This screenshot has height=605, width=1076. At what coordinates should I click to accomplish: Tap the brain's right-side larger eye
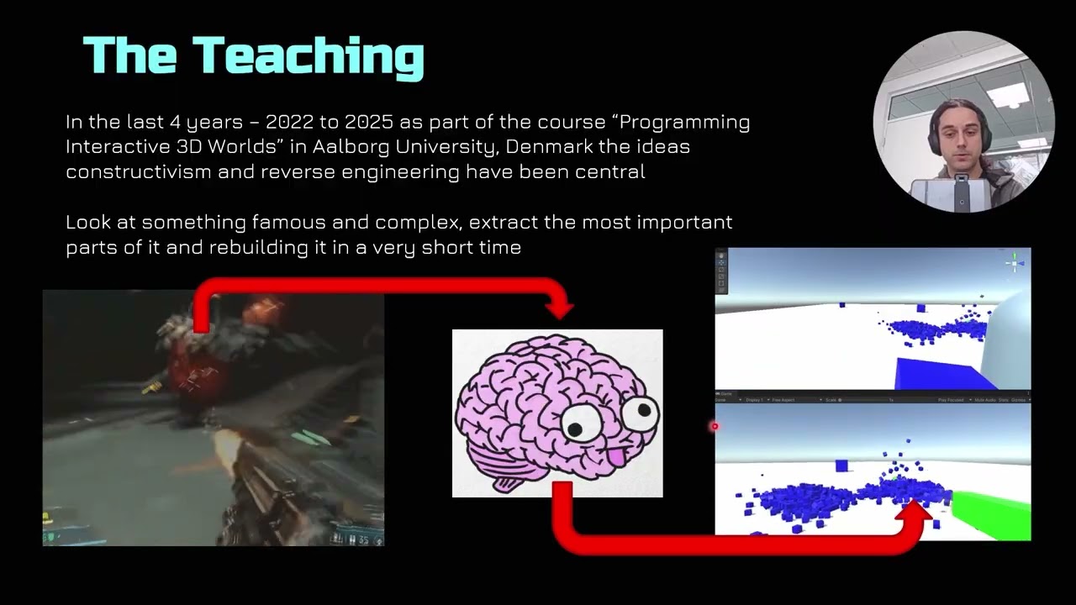(x=642, y=413)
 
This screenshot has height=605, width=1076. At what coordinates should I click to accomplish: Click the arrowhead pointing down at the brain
(x=559, y=309)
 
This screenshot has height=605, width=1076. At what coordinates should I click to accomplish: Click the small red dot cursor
(x=715, y=427)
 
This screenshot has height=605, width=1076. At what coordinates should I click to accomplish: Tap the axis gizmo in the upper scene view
(x=1015, y=263)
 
